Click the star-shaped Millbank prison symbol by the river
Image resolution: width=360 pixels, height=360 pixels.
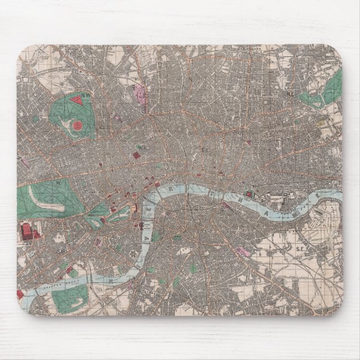coord(134,253)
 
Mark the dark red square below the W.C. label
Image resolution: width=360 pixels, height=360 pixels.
coord(136,153)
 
